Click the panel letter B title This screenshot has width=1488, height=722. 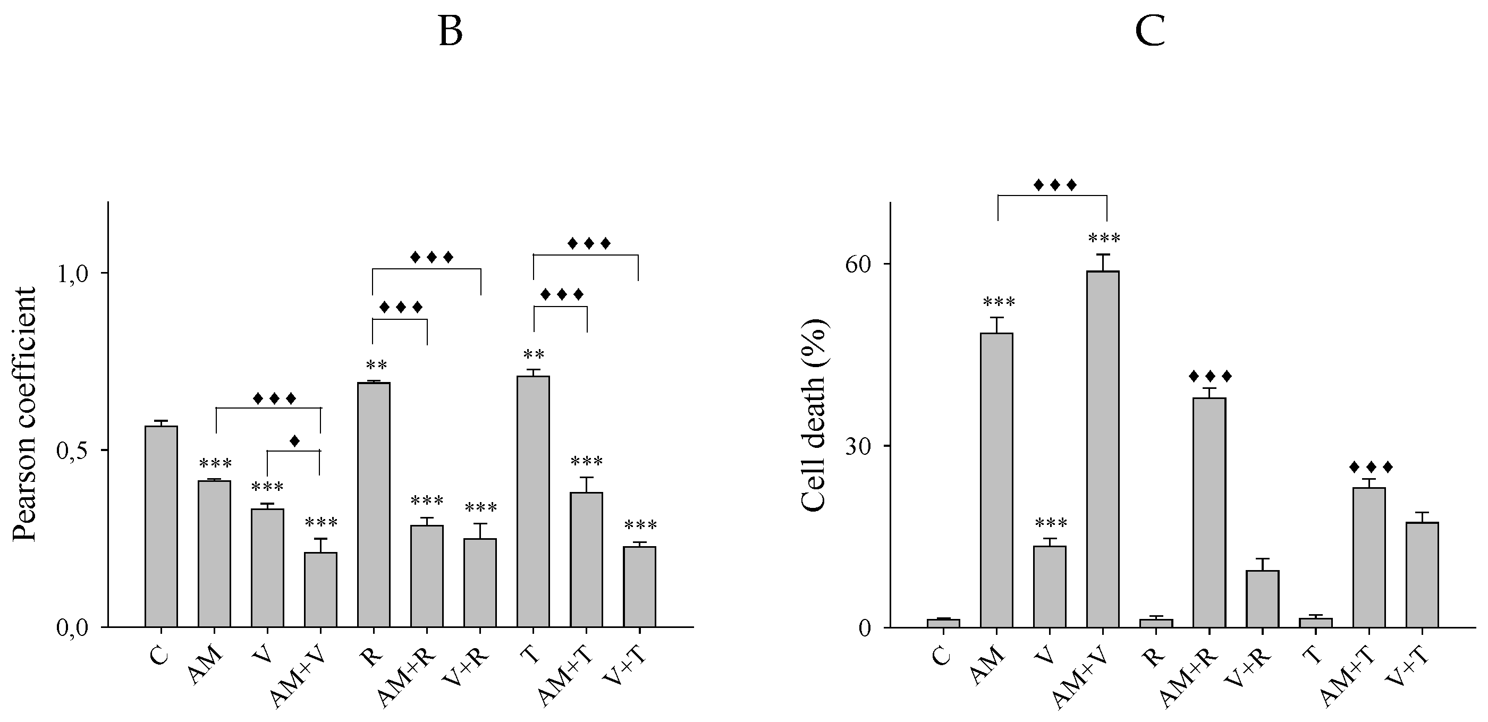(450, 32)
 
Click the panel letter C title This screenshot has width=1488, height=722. (1149, 32)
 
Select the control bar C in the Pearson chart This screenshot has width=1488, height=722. (161, 525)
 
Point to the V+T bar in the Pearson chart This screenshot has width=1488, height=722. (639, 587)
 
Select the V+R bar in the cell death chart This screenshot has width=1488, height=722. (1262, 598)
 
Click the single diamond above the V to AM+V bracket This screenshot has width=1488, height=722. (294, 441)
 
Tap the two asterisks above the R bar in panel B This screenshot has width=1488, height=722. (377, 365)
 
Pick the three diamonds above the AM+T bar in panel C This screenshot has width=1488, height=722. (1371, 466)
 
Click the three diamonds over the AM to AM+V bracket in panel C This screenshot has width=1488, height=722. (1055, 185)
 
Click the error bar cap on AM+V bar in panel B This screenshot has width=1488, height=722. (320, 539)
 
